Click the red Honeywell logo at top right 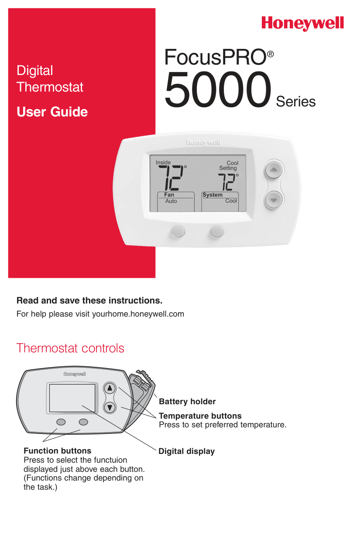pos(302,23)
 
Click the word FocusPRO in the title pos(215,58)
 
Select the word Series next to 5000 pos(295,102)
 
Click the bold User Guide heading pos(52,112)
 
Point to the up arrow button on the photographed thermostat pos(273,169)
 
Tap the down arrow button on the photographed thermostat pos(273,200)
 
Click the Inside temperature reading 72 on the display pos(171,177)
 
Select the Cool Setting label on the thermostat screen pos(229,165)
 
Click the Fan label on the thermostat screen pos(169,195)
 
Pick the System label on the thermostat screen pos(213,195)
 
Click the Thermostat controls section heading pos(70,348)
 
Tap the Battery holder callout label pos(187,402)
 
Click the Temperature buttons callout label pos(200,416)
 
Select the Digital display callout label pos(186,451)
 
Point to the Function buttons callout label pos(57,451)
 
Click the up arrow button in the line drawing pos(110,388)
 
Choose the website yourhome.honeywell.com pos(138,314)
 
